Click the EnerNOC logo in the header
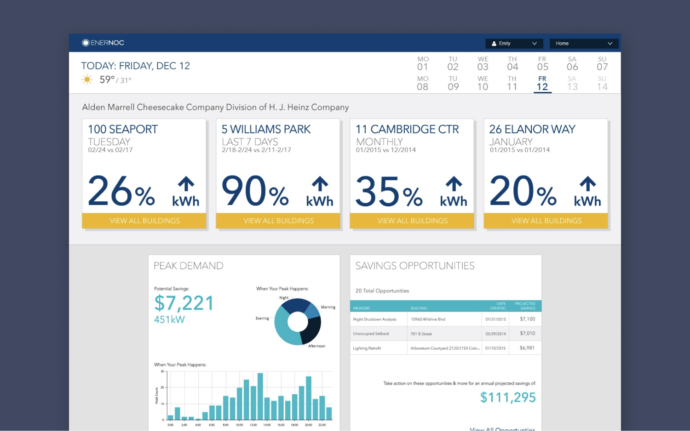pyautogui.click(x=103, y=43)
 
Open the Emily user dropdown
pyautogui.click(x=514, y=44)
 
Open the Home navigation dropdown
pyautogui.click(x=583, y=44)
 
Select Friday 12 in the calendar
pyautogui.click(x=542, y=84)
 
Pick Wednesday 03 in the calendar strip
pyautogui.click(x=483, y=64)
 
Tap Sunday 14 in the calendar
pyautogui.click(x=602, y=84)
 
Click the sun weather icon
pyautogui.click(x=87, y=80)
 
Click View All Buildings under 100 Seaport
pyautogui.click(x=144, y=221)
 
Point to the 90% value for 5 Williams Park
pyautogui.click(x=255, y=192)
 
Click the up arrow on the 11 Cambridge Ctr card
pyautogui.click(x=454, y=184)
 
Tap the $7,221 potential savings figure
pyautogui.click(x=184, y=303)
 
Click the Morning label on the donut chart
pyautogui.click(x=328, y=307)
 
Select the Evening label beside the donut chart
pyautogui.click(x=262, y=318)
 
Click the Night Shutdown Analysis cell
pyautogui.click(x=374, y=319)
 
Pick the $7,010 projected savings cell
pyautogui.click(x=527, y=334)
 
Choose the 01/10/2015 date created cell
pyautogui.click(x=495, y=348)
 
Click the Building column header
pyautogui.click(x=419, y=308)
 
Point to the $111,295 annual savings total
pyautogui.click(x=508, y=397)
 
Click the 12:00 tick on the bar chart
pyautogui.click(x=253, y=425)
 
